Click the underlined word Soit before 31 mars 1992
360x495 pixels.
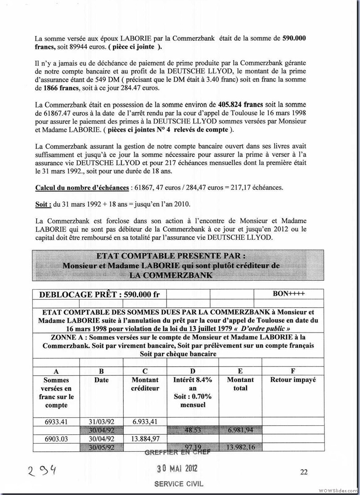(42, 203)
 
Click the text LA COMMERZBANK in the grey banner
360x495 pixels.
(171, 274)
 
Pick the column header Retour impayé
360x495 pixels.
(293, 379)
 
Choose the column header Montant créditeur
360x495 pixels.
(145, 383)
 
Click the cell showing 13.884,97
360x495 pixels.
(145, 438)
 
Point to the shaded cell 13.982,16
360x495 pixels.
(240, 447)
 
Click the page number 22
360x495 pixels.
(304, 472)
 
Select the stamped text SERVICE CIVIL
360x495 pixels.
(178, 484)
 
